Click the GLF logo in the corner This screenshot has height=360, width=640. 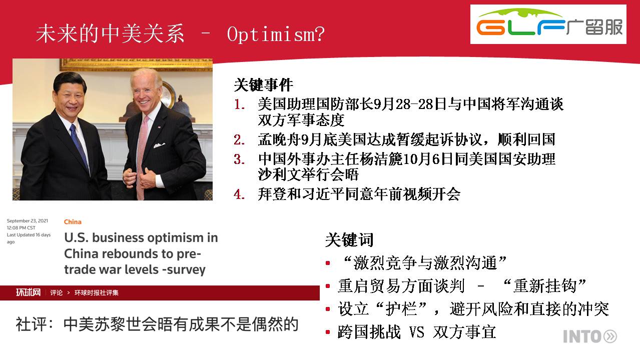(548, 24)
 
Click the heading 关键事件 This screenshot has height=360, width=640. (263, 85)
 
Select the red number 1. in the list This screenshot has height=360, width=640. (239, 104)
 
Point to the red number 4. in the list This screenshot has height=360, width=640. (239, 194)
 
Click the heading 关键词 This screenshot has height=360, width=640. (349, 239)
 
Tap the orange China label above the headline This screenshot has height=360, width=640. (73, 222)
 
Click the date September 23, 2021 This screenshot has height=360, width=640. (28, 220)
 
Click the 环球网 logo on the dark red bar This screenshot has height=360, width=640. (28, 292)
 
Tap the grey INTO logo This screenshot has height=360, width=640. (590, 336)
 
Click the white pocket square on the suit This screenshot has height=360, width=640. (159, 145)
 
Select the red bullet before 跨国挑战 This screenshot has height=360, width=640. (328, 331)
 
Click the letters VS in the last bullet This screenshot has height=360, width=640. (416, 332)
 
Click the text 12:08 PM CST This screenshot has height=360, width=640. (21, 228)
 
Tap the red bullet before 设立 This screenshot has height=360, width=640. (328, 308)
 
